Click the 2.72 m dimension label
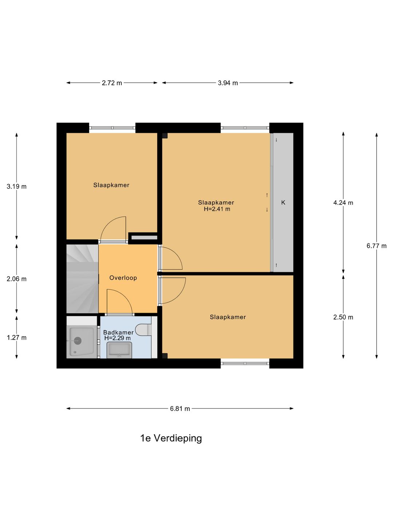(112, 83)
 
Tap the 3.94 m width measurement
(228, 83)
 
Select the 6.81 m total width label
(180, 409)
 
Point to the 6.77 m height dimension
(376, 246)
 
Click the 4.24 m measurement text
(343, 203)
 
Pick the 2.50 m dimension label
(343, 317)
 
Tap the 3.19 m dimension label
(16, 186)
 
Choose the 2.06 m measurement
(16, 279)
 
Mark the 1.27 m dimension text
(16, 338)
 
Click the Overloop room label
(123, 278)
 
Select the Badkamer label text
(118, 332)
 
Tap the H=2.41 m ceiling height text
(217, 209)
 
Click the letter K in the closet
(283, 202)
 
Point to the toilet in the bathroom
(143, 330)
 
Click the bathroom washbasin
(119, 350)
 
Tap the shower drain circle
(78, 341)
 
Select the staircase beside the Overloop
(82, 279)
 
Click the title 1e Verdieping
(171, 438)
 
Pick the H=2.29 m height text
(118, 338)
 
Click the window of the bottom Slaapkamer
(245, 363)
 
